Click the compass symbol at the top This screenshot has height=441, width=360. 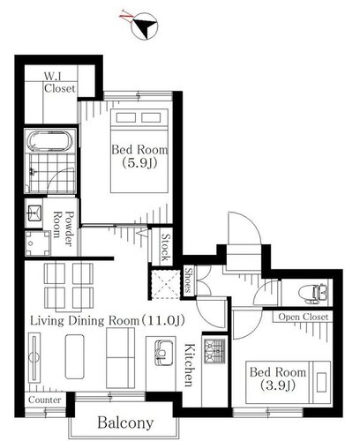(x=144, y=26)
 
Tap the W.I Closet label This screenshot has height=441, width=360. (x=60, y=83)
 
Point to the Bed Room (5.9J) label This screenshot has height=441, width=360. (x=139, y=156)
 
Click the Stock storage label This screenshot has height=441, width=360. (x=166, y=247)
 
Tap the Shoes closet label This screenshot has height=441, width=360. (x=189, y=280)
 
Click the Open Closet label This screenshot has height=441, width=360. (x=303, y=317)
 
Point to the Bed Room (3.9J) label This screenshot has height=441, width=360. (x=278, y=378)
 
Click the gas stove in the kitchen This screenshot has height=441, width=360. (x=214, y=351)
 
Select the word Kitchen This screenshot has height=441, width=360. (x=189, y=365)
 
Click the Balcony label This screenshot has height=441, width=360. (x=125, y=422)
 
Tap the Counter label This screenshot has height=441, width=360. (x=45, y=400)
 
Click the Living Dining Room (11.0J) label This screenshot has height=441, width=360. (x=108, y=320)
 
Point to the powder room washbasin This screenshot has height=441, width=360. (x=34, y=213)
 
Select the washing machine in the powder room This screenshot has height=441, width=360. (x=38, y=243)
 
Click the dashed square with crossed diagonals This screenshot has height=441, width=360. (x=165, y=284)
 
